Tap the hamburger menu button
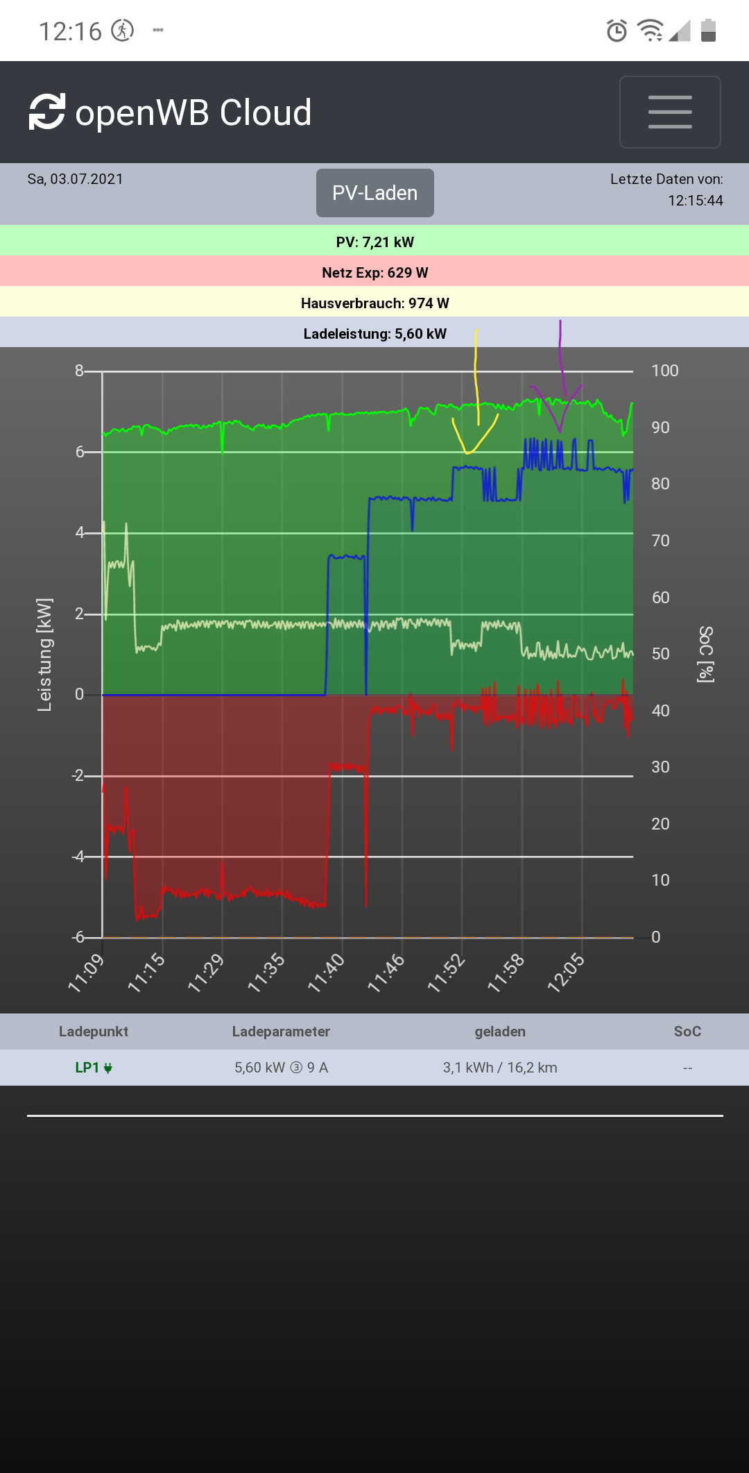(669, 112)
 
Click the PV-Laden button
(374, 193)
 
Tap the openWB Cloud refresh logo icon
(47, 112)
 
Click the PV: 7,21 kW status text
(374, 242)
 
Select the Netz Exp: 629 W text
(374, 273)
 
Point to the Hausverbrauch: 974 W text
(374, 303)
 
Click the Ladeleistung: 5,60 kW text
(374, 334)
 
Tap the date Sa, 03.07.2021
(76, 179)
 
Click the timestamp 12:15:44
(695, 201)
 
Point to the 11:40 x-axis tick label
(327, 973)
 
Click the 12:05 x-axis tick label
(567, 973)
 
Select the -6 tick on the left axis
(78, 937)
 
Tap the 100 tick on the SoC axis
(664, 371)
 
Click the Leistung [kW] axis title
(44, 655)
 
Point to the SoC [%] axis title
(705, 655)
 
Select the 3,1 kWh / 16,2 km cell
(500, 1068)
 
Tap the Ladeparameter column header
(281, 1032)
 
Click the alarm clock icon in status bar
(617, 31)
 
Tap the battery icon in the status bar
(708, 31)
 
